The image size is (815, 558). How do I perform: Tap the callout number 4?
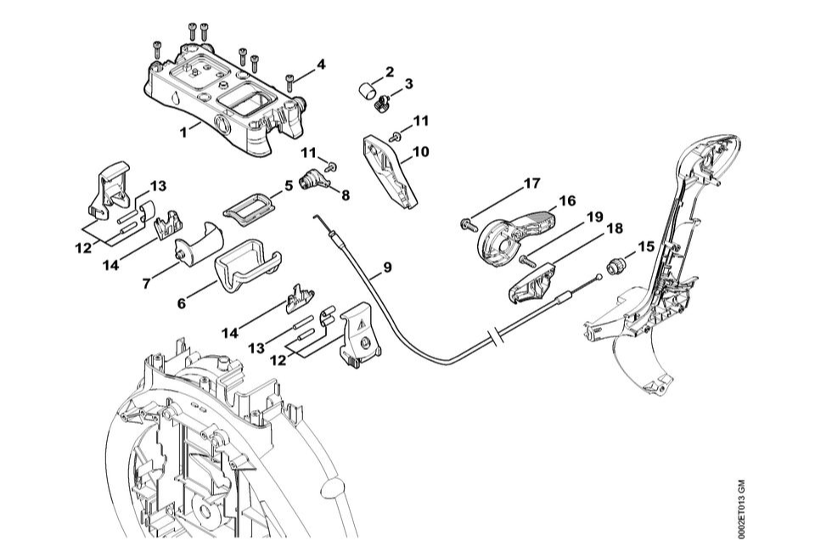click(x=320, y=65)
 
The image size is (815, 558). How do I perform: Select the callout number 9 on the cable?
click(x=387, y=267)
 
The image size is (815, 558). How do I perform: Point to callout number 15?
click(x=646, y=246)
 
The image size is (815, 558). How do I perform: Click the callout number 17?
click(x=531, y=183)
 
